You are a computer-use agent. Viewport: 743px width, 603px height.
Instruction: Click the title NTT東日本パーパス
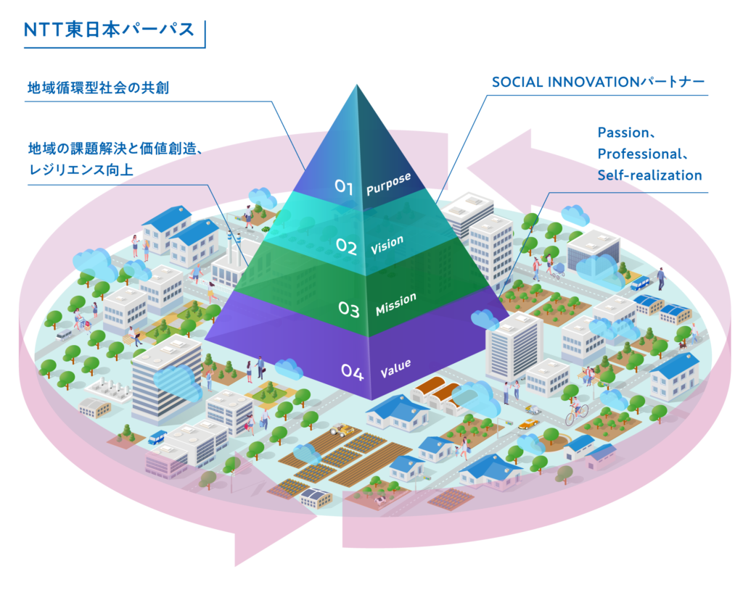(x=109, y=30)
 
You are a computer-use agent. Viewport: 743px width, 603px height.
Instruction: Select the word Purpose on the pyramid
(x=389, y=183)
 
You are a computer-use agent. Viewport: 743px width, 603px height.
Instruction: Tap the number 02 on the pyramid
(x=346, y=247)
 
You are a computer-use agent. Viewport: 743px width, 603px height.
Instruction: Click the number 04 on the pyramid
(x=352, y=373)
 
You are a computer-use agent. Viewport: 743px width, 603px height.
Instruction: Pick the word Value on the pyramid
(x=395, y=369)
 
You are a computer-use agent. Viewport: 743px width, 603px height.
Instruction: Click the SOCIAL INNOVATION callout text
(x=598, y=83)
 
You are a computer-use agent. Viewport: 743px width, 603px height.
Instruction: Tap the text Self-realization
(x=649, y=175)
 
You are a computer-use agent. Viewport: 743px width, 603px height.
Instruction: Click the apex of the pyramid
(x=357, y=86)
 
